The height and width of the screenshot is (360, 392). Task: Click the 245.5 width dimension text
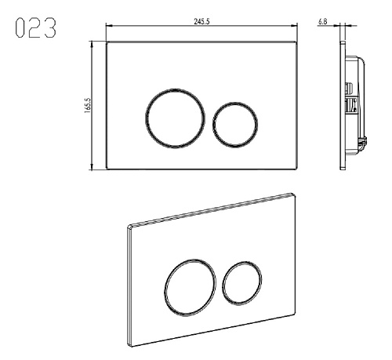[201, 21]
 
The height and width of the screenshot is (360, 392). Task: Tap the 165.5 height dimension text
[87, 105]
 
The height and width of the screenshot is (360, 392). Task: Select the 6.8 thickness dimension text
[322, 21]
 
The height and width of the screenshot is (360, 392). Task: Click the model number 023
[35, 27]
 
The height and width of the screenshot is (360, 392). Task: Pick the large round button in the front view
[146, 118]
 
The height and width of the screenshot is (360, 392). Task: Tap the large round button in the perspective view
[165, 288]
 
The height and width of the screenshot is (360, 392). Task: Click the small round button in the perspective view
[223, 284]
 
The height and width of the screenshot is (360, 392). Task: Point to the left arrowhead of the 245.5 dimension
[108, 26]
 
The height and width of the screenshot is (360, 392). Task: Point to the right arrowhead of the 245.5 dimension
[295, 26]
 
